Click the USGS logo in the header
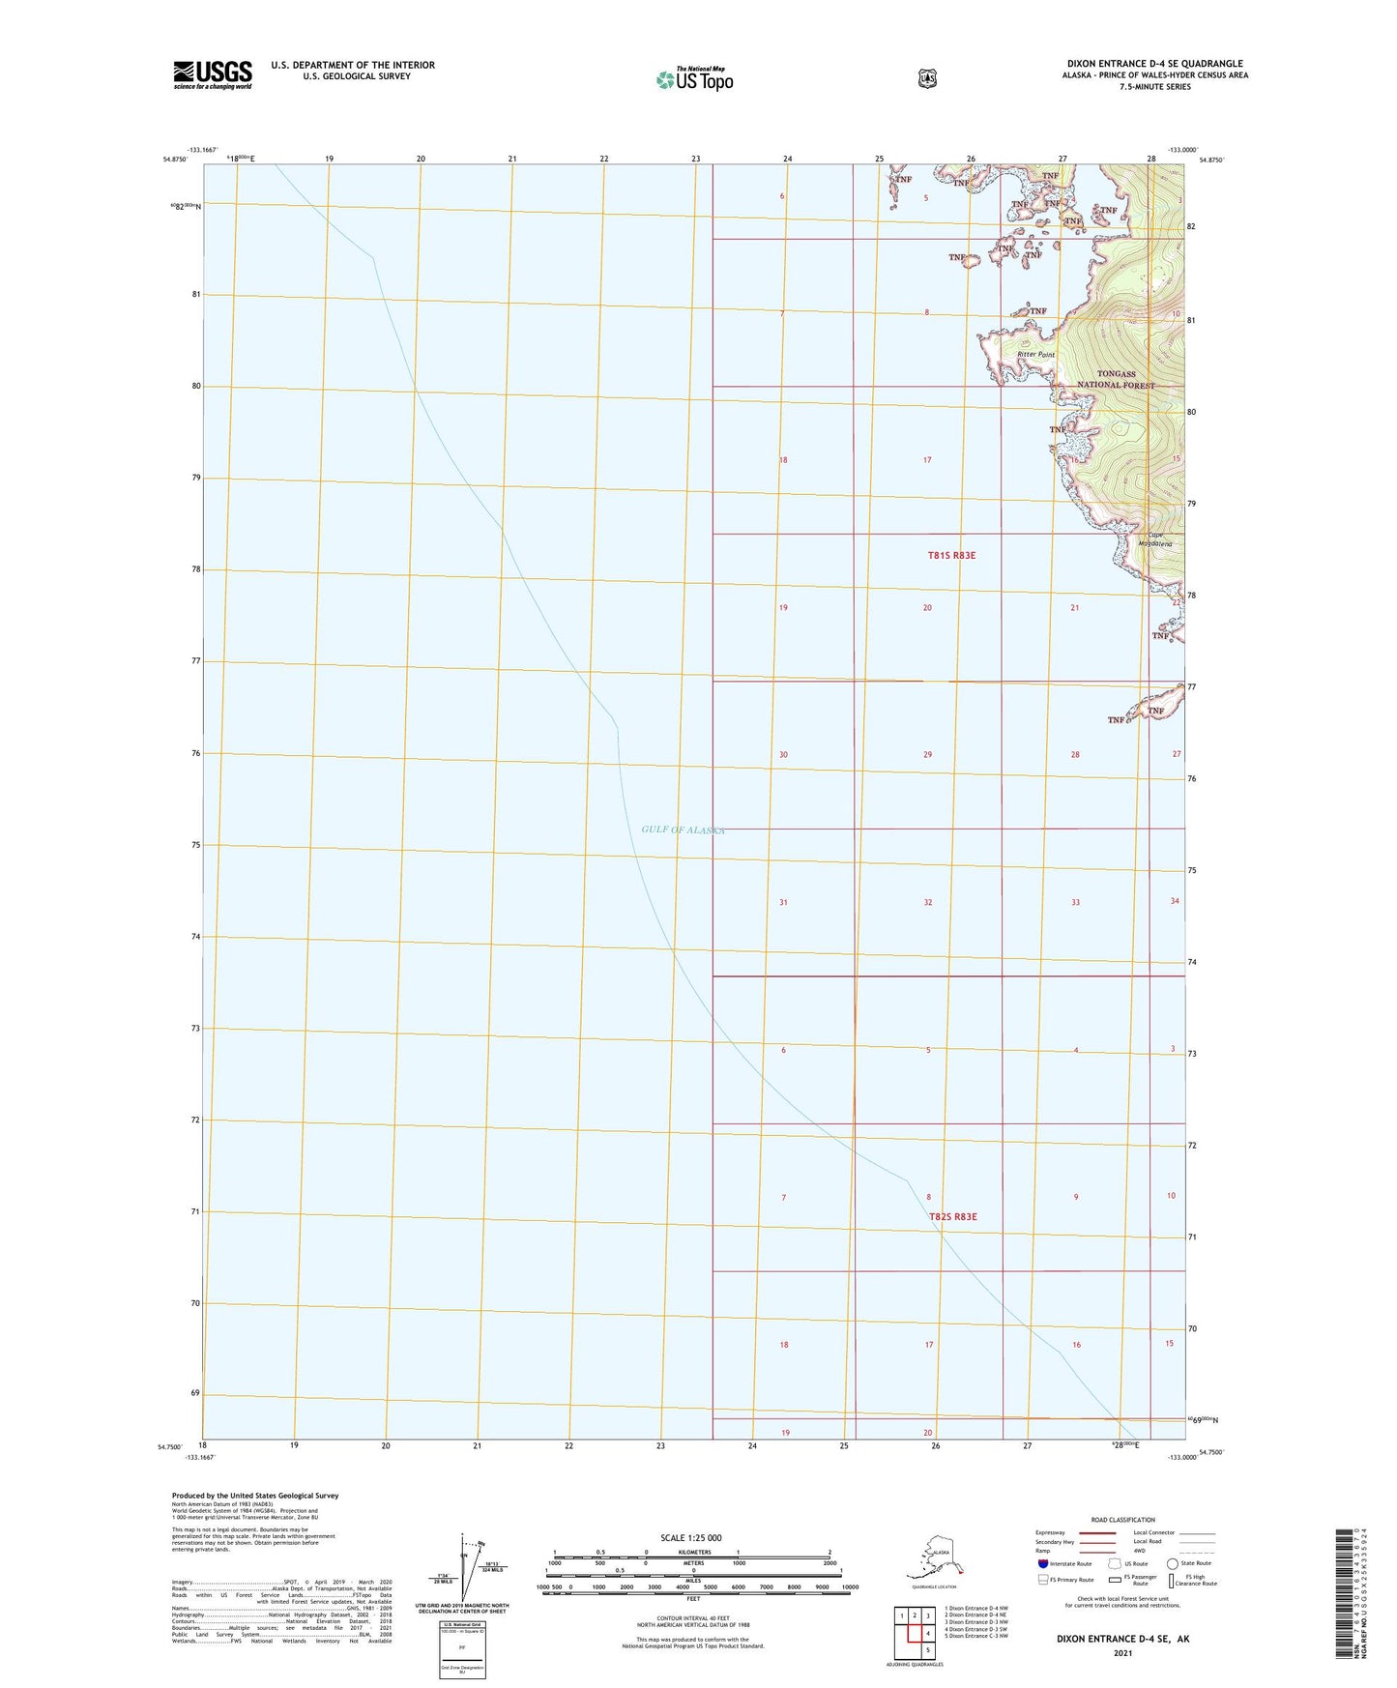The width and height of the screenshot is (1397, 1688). tap(212, 74)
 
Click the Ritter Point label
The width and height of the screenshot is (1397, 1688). tap(1035, 355)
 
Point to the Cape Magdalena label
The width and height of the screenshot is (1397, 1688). tap(1159, 540)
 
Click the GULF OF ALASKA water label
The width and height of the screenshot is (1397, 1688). tap(683, 829)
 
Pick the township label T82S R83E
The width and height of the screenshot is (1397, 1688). tap(952, 1216)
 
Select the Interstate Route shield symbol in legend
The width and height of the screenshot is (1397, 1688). tap(1041, 1563)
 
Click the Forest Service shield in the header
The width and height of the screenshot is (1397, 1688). tap(926, 77)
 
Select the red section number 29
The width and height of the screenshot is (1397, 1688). tap(927, 754)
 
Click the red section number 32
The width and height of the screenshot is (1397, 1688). tap(927, 902)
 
